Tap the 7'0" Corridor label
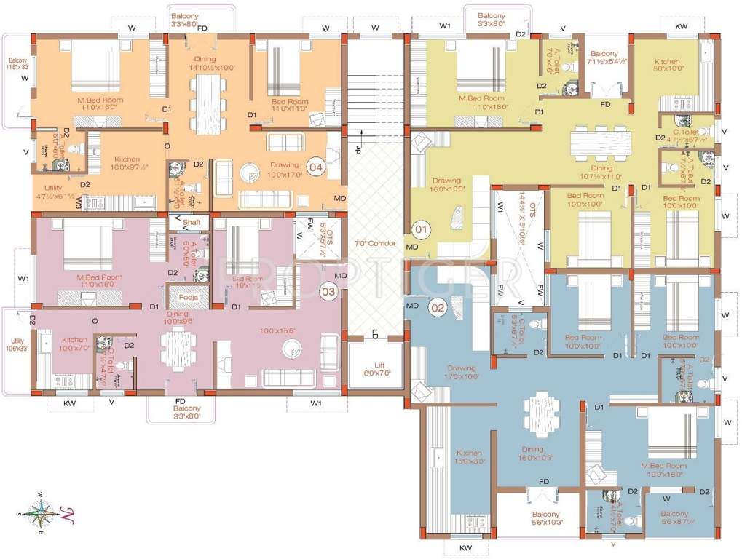click(x=375, y=243)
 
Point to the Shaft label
click(x=192, y=221)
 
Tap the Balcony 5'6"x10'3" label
click(x=540, y=519)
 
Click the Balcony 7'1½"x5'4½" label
click(x=604, y=58)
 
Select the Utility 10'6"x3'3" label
click(x=16, y=344)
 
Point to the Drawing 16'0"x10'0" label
click(x=447, y=185)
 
